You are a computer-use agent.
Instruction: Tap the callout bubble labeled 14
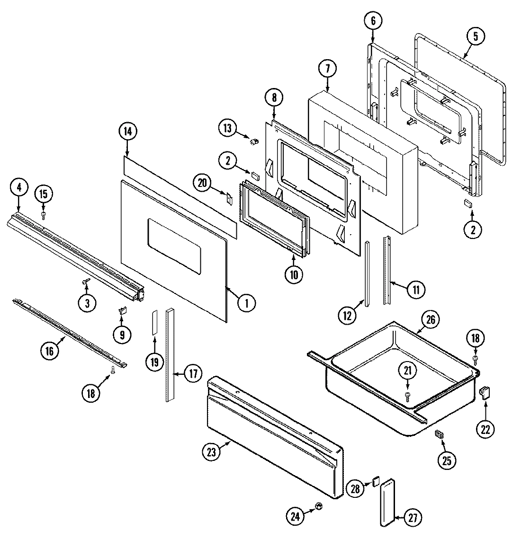tap(127, 132)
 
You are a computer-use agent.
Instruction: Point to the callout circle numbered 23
tap(211, 452)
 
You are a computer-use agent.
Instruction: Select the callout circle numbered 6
tap(372, 21)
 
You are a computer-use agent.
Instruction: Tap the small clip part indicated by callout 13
tap(253, 141)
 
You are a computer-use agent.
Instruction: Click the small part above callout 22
tap(485, 392)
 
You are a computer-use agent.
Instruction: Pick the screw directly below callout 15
tap(43, 215)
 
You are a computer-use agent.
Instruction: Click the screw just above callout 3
tap(86, 282)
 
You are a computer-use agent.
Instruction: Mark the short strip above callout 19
tap(154, 323)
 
